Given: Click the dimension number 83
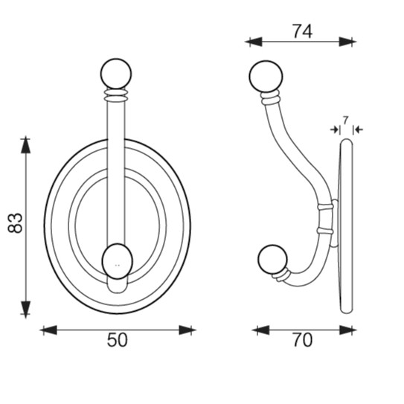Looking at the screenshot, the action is (16, 223).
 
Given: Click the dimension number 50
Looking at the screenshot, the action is (118, 340).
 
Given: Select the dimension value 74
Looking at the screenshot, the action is (303, 32).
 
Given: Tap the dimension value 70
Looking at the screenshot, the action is (303, 340).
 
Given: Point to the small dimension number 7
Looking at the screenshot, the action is (345, 120).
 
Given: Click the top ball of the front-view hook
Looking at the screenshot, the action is (116, 74).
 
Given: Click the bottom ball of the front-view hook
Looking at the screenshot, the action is (118, 261).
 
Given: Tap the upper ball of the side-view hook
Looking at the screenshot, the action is (266, 77).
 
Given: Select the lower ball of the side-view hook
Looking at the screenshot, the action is (272, 259).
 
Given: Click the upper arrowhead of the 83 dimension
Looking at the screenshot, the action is (25, 146).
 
